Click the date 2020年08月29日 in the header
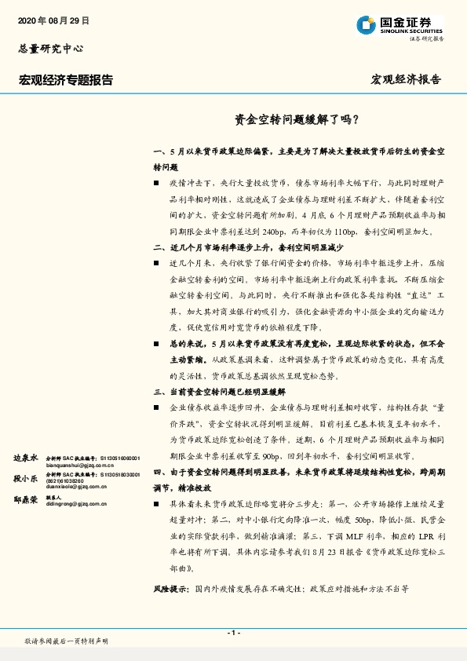coord(53,20)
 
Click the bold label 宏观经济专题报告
coord(66,80)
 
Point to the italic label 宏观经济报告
coord(406,80)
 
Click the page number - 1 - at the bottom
coord(233,633)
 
